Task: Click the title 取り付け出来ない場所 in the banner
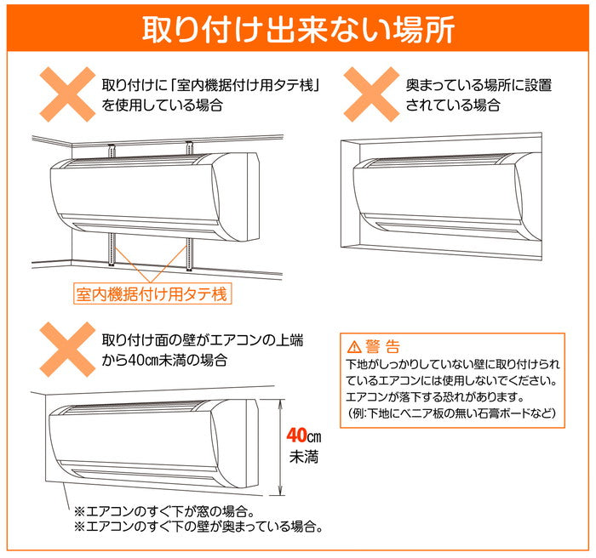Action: tap(298, 29)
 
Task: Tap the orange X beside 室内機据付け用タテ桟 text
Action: tap(67, 94)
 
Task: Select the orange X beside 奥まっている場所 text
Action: tap(372, 94)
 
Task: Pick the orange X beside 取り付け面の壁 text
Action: tap(67, 350)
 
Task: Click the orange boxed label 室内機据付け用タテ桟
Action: tap(152, 294)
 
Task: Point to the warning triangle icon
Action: tap(354, 346)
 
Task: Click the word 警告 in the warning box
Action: tap(383, 346)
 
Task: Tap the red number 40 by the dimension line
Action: tap(296, 436)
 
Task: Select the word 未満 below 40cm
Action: tap(304, 457)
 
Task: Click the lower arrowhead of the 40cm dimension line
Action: tap(281, 490)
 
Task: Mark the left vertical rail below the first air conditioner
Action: tap(112, 249)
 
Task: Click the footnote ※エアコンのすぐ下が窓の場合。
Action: tap(164, 511)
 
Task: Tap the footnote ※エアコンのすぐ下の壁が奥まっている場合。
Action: tap(199, 527)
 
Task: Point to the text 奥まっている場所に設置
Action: tap(479, 85)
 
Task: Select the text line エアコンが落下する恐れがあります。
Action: tap(435, 397)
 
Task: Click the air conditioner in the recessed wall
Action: tap(448, 196)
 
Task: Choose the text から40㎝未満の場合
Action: tap(164, 360)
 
